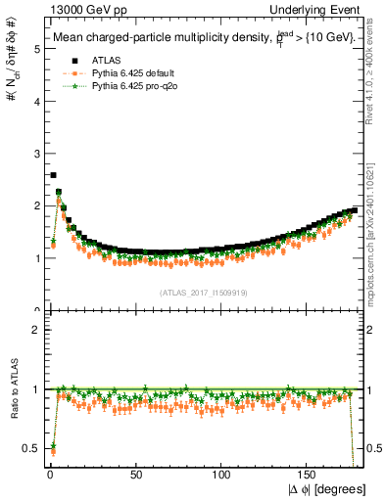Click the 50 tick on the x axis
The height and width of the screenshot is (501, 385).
134,474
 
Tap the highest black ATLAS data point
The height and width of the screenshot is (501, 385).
53,175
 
